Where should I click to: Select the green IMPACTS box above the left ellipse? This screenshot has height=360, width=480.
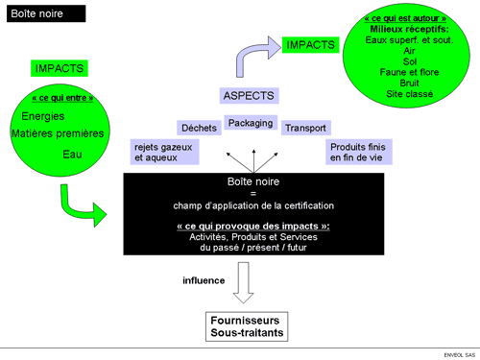60,68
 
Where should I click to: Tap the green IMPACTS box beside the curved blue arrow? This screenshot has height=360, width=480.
311,45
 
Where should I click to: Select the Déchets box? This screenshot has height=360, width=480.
199,128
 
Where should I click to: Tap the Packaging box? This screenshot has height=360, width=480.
251,123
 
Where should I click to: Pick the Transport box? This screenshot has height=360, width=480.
305,128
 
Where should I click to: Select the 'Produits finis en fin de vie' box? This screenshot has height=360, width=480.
357,152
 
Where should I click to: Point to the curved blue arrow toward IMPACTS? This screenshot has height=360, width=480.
249,58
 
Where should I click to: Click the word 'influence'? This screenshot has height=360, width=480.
204,280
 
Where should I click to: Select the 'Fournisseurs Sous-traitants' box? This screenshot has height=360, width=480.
244,325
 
